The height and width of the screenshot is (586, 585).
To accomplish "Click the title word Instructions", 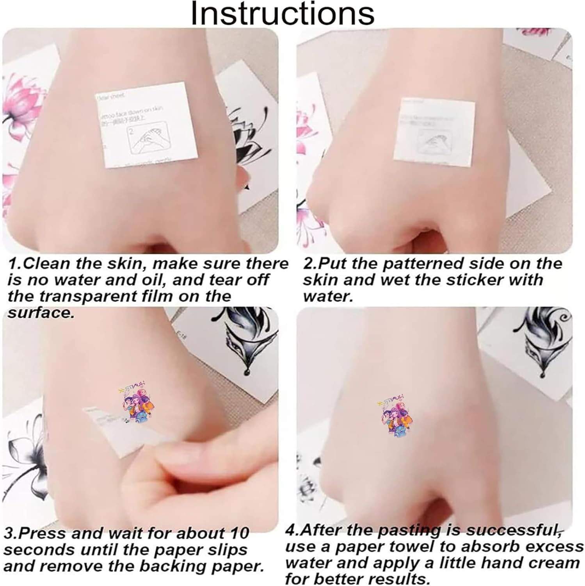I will click(x=282, y=14).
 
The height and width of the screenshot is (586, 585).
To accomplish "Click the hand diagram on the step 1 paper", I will click(x=146, y=139).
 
